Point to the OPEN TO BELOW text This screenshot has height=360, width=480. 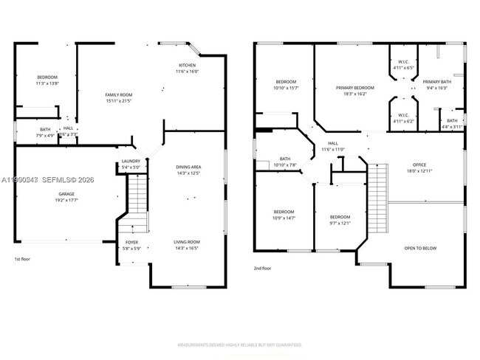click(x=419, y=248)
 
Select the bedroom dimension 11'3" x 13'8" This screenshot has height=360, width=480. click(x=47, y=83)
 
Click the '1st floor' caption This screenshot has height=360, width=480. click(x=23, y=259)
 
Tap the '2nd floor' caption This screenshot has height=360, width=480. click(x=262, y=268)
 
